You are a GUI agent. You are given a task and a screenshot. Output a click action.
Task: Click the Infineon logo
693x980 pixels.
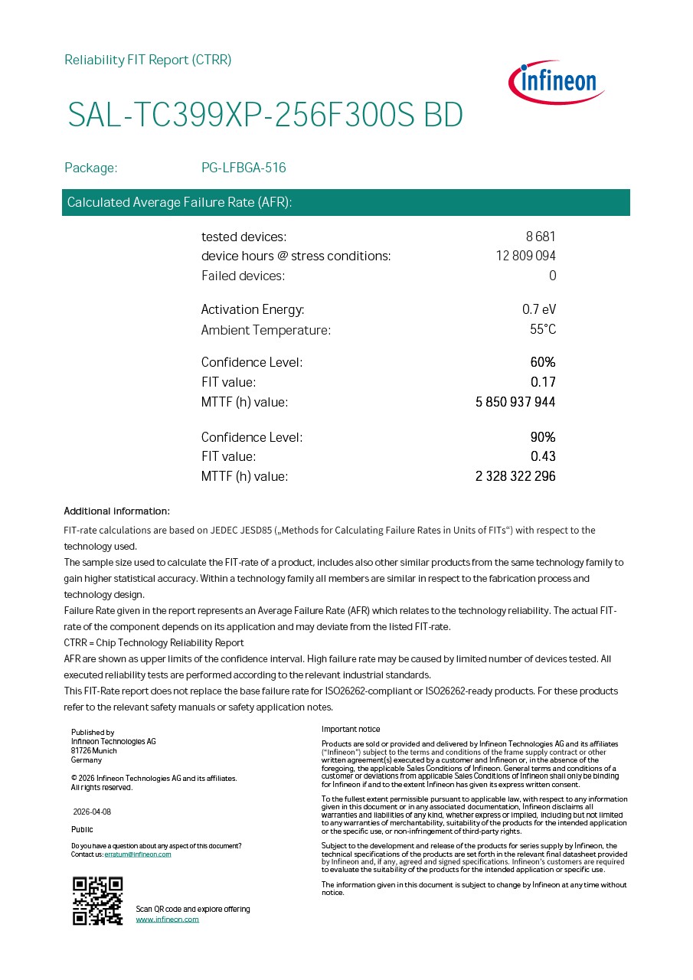tap(557, 82)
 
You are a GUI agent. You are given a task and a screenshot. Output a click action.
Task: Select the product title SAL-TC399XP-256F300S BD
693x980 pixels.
tap(265, 116)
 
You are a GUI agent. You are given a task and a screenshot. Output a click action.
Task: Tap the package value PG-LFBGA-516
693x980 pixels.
tap(244, 168)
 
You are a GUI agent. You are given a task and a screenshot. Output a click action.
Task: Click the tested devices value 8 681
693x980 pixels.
tap(541, 237)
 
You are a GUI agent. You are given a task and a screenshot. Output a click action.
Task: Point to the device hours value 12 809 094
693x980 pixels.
tap(525, 256)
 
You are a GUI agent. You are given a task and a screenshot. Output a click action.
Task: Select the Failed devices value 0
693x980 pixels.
tap(552, 276)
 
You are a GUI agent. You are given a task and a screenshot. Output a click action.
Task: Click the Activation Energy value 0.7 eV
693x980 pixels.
tap(539, 309)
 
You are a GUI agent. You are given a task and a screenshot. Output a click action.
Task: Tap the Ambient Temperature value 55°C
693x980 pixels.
tap(543, 330)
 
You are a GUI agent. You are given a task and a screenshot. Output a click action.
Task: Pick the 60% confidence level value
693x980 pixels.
tap(543, 362)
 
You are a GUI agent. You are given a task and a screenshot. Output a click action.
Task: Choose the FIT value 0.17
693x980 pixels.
tap(543, 382)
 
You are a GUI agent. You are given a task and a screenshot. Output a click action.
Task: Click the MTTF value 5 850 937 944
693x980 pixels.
tap(515, 402)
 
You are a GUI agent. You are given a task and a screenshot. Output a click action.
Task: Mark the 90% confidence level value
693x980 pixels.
tap(543, 437)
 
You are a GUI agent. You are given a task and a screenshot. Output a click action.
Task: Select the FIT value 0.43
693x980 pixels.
tap(543, 456)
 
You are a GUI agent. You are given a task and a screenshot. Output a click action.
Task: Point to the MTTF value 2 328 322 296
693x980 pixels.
tap(515, 476)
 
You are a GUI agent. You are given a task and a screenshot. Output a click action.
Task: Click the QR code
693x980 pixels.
tap(98, 900)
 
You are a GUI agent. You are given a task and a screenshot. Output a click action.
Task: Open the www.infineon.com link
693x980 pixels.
tap(167, 919)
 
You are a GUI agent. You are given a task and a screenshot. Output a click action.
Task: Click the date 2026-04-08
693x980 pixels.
tap(92, 812)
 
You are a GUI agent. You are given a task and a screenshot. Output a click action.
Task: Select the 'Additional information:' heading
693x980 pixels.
tap(116, 511)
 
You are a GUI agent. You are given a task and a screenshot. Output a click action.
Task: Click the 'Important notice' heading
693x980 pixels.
tap(351, 729)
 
